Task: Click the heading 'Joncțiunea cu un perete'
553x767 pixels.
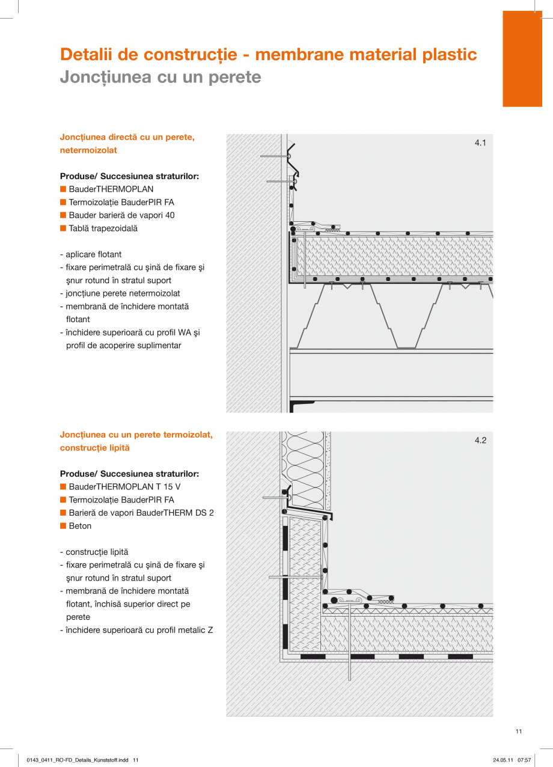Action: coord(160,78)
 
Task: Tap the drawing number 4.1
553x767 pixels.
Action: coord(480,143)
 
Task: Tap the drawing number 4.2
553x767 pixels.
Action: coord(480,441)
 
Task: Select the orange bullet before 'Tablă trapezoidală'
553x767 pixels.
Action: coord(63,228)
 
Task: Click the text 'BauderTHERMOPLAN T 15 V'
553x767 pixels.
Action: coord(124,487)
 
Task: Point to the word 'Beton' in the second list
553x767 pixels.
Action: coord(80,526)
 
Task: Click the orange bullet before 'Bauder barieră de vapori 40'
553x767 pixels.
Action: coord(63,215)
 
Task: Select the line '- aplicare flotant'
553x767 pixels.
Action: coord(91,254)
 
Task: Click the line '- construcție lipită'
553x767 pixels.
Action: coord(94,552)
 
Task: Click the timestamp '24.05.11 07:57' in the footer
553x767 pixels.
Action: coord(512,760)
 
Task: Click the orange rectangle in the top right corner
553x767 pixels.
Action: coord(522,58)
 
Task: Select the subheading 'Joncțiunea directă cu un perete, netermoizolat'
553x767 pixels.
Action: coord(127,144)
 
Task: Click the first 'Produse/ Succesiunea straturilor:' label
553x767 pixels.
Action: coord(129,176)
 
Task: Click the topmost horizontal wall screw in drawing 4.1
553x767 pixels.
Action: coord(273,156)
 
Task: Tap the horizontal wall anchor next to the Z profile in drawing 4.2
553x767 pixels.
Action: coord(275,498)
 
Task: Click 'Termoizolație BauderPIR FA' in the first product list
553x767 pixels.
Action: coord(121,203)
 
